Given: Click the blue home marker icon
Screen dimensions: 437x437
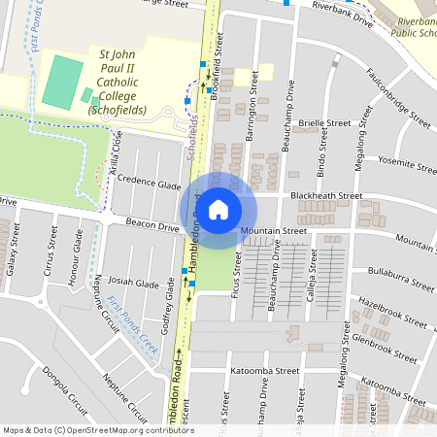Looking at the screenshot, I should pyautogui.click(x=218, y=209).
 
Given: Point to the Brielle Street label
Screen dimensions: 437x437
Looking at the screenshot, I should pyautogui.click(x=324, y=123).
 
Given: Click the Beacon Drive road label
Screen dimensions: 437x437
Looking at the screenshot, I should pyautogui.click(x=153, y=227).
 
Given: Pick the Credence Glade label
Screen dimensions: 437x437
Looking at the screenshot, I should pyautogui.click(x=151, y=184).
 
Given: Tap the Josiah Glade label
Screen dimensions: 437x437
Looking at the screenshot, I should pyautogui.click(x=134, y=284).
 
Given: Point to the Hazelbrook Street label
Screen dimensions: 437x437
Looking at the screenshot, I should pyautogui.click(x=392, y=312).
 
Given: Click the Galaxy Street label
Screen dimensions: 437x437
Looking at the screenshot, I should pyautogui.click(x=13, y=255).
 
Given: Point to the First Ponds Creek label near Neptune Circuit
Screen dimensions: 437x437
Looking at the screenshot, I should pyautogui.click(x=132, y=324).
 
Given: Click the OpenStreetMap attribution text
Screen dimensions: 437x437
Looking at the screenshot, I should pyautogui.click(x=98, y=429).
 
